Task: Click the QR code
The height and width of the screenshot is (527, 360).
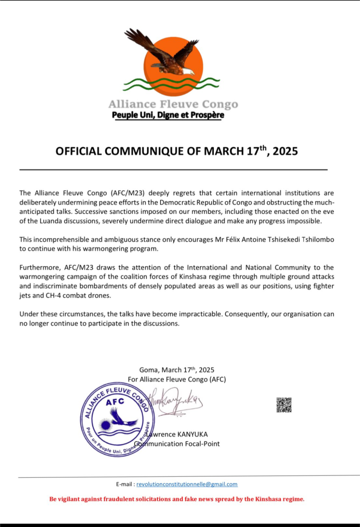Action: pos(284,405)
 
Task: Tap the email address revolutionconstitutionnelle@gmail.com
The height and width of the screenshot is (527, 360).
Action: pos(187,484)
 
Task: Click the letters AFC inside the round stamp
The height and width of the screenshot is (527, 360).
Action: pos(115,402)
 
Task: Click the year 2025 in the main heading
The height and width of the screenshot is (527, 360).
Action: pos(285,151)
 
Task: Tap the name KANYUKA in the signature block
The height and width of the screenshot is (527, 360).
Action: pos(193,434)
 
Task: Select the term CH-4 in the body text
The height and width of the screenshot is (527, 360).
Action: pos(53,295)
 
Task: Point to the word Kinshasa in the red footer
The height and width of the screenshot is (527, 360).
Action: pos(268,499)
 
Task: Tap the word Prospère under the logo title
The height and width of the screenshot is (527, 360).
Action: pos(207,115)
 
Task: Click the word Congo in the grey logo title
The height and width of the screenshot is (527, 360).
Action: pos(220,104)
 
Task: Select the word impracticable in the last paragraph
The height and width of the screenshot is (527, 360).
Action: pos(200,314)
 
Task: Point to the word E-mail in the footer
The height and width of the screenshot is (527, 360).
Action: pos(124,484)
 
